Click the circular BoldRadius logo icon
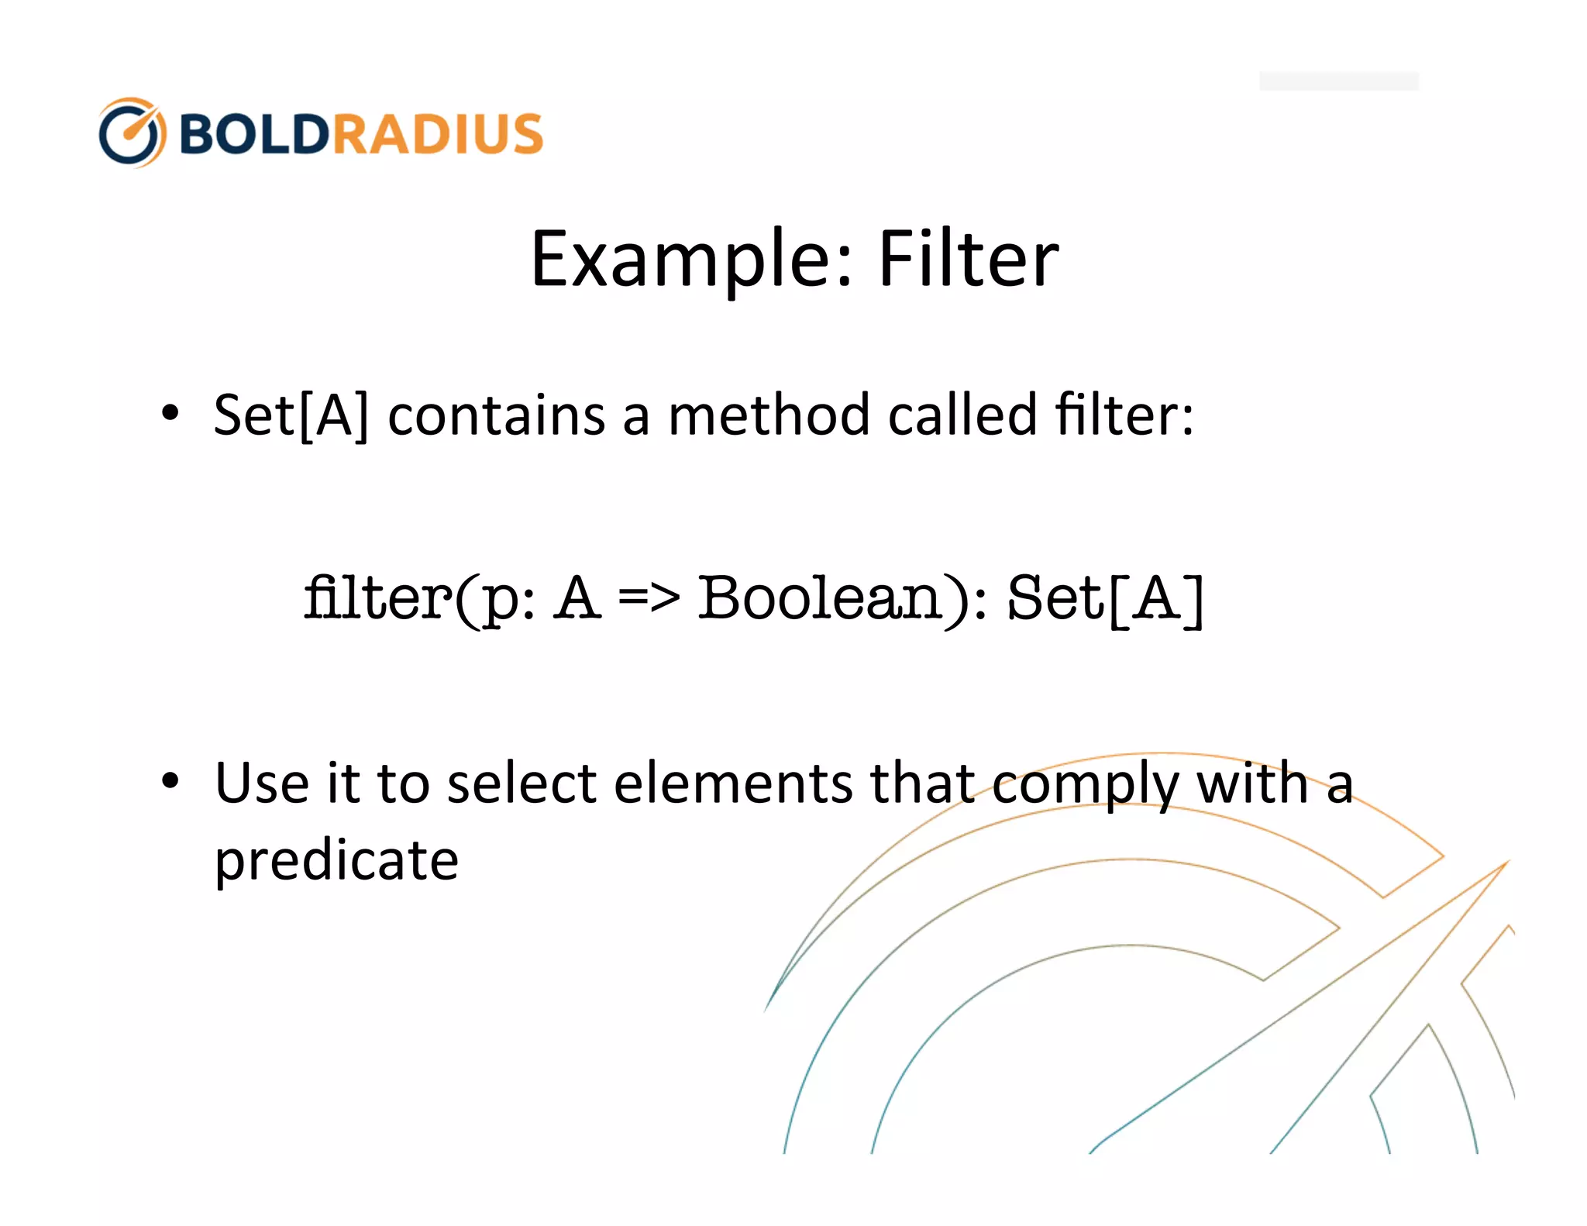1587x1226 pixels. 132,133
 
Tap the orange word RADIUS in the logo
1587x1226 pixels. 438,134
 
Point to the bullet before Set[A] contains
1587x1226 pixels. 170,413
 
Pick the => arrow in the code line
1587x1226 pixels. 649,598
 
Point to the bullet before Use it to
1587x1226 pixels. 170,781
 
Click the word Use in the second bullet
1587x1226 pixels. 262,783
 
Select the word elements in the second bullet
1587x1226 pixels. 733,783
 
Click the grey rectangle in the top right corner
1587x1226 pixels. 1338,81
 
